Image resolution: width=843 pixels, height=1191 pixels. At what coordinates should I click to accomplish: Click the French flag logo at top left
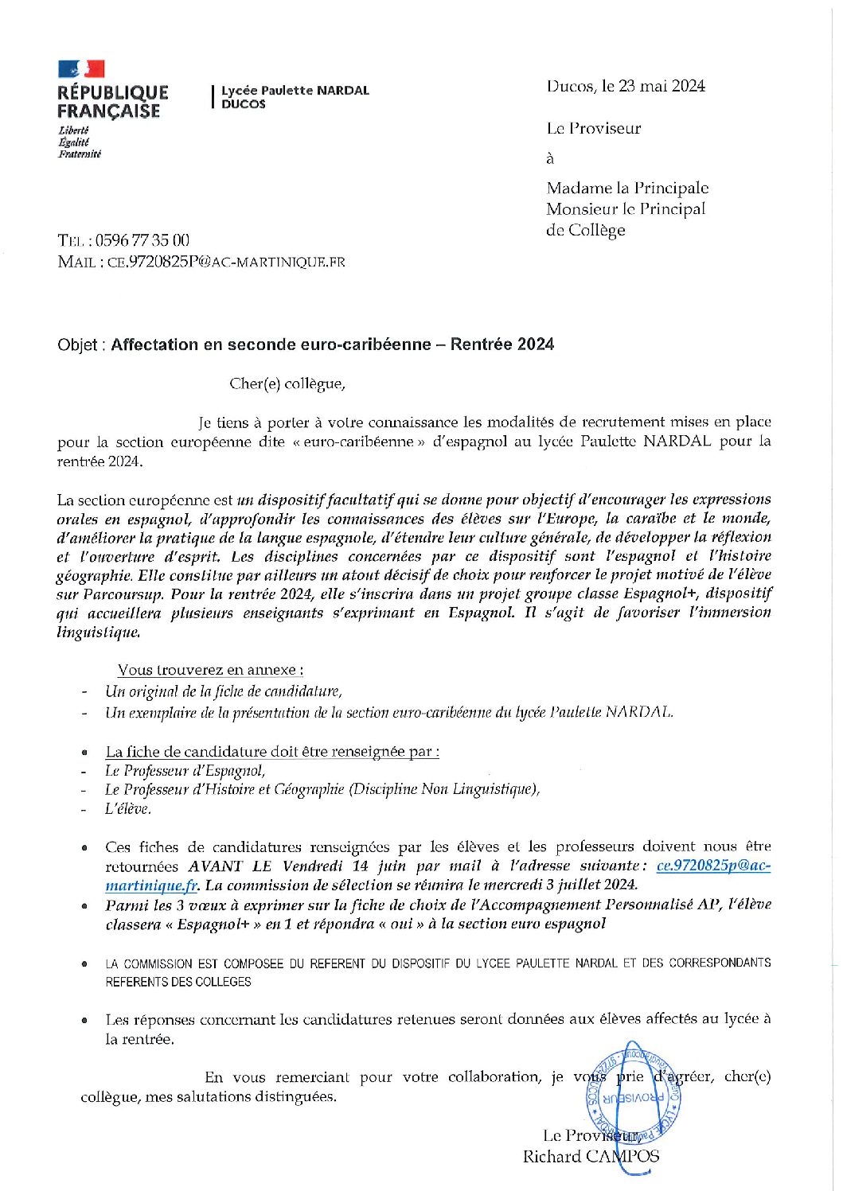(x=81, y=69)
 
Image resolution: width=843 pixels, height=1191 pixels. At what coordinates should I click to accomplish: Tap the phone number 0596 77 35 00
(x=142, y=240)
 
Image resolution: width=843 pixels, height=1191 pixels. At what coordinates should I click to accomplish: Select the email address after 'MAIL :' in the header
(x=225, y=262)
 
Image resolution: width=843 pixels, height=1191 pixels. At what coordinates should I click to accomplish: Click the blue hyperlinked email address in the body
(x=712, y=866)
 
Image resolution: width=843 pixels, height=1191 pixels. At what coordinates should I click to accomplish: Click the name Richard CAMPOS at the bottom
(x=591, y=1157)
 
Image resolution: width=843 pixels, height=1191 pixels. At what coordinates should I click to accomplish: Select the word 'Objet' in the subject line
(x=77, y=344)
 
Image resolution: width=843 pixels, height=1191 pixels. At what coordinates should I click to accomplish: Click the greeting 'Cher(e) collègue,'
(x=287, y=383)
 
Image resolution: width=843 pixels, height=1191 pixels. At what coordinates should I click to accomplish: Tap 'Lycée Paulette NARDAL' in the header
(x=295, y=91)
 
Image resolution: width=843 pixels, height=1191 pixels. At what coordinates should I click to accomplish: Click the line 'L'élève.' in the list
(x=128, y=809)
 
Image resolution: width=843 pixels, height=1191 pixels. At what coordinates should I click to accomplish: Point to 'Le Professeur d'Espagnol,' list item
(x=185, y=770)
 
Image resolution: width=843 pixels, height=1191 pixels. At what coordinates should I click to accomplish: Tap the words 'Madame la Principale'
(x=627, y=189)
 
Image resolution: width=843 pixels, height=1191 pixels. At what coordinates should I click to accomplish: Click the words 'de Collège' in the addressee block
(x=586, y=231)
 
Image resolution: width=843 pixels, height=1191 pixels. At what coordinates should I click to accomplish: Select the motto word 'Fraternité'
(x=80, y=154)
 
